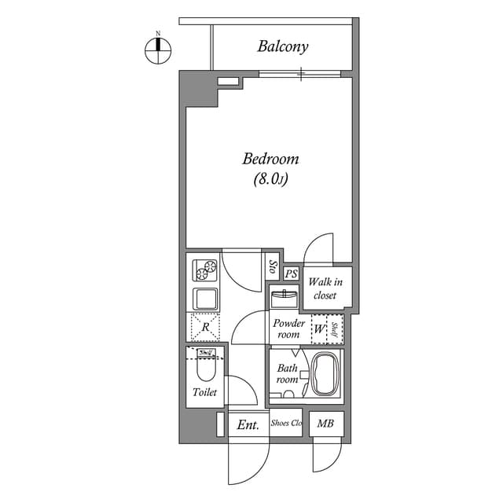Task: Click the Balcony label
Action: [282, 46]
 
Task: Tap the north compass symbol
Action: [158, 50]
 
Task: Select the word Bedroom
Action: [270, 159]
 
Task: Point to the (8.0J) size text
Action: [270, 179]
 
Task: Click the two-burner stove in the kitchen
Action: [206, 270]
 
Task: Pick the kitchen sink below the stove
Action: [205, 299]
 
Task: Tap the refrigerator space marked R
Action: [204, 325]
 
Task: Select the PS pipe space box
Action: [291, 274]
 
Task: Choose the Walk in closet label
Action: [324, 288]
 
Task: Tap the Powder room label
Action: [288, 329]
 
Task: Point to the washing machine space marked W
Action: [319, 329]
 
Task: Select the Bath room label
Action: [287, 374]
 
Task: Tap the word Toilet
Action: [204, 392]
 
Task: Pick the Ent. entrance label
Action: [248, 425]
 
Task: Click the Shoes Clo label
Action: [286, 424]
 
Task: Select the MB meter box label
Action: [325, 424]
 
